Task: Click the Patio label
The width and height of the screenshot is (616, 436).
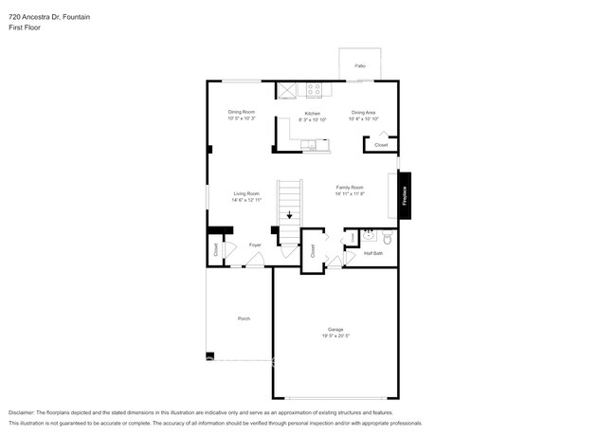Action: [360, 65]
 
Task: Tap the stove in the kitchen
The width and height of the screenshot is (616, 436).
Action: [314, 91]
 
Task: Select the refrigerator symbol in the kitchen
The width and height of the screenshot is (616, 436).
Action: [287, 90]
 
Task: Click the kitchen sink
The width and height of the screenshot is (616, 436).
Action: [311, 145]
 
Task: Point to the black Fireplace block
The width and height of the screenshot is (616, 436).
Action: [405, 196]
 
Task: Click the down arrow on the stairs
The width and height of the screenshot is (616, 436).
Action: [290, 214]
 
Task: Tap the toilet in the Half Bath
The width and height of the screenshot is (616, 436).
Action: [386, 238]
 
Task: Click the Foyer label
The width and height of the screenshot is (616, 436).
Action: [255, 245]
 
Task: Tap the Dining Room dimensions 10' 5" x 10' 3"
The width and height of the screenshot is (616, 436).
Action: [243, 118]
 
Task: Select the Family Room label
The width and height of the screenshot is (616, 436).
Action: [350, 188]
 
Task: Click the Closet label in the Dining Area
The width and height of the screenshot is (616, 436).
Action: [380, 145]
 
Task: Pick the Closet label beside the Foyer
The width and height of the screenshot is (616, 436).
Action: [215, 249]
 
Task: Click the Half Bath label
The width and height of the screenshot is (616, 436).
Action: [373, 253]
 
